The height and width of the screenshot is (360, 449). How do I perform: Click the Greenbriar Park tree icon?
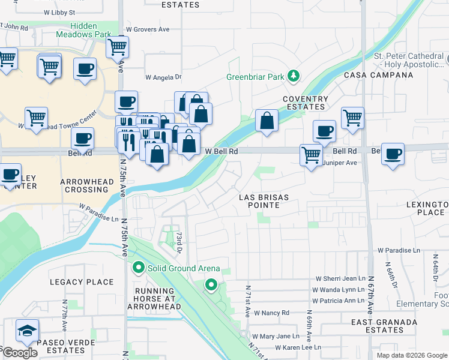point(294,76)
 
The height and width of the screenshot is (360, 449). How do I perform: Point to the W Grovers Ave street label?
point(148,29)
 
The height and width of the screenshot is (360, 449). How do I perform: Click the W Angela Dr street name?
point(163,77)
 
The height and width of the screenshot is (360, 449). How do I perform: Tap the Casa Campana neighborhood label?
point(378,75)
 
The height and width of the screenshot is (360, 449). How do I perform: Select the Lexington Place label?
point(426,208)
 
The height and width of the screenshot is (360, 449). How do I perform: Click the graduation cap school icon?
point(28,331)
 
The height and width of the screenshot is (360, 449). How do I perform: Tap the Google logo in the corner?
point(20,353)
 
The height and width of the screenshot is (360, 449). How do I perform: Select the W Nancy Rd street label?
point(271,313)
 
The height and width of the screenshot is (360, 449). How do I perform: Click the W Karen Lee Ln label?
point(298,347)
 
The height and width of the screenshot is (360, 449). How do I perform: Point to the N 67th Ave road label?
point(370,294)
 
